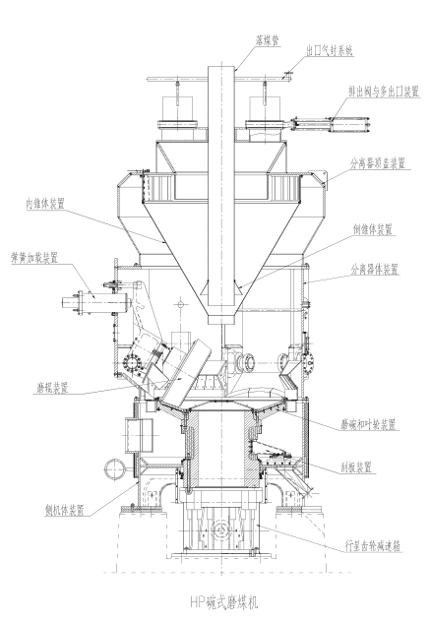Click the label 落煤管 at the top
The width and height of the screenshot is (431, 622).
tap(268, 41)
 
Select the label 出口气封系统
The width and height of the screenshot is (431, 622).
tap(330, 51)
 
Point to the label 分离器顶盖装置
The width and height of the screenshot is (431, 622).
tap(378, 163)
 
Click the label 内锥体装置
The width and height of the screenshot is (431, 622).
tap(45, 204)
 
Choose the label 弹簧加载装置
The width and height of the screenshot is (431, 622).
tap(34, 258)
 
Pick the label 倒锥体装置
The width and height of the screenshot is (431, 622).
tap(372, 229)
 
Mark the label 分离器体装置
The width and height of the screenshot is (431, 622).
tap(374, 270)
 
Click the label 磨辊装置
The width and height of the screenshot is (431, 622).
tap(50, 387)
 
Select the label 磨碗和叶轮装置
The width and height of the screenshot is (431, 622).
tap(368, 425)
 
